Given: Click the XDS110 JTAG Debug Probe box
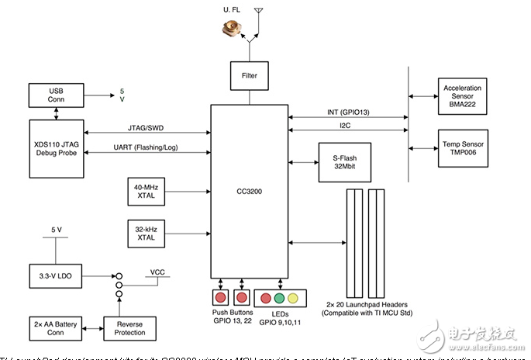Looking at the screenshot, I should click(x=56, y=141).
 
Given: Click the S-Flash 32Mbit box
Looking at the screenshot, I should click(x=343, y=161).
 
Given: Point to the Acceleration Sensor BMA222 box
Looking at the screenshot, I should click(x=463, y=95).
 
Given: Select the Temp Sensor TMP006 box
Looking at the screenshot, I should click(x=463, y=147).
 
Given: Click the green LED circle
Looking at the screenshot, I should click(x=279, y=297).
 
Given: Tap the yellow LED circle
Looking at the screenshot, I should click(x=292, y=297).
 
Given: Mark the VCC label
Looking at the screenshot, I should click(x=157, y=272).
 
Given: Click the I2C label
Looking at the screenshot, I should click(x=344, y=125).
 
